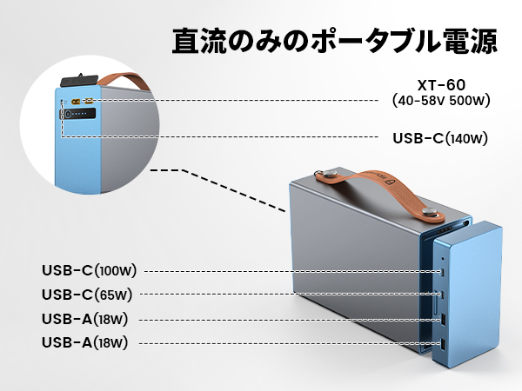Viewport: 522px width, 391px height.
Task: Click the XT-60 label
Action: pyautogui.click(x=441, y=87)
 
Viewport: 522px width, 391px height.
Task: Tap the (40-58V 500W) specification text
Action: pyautogui.click(x=441, y=102)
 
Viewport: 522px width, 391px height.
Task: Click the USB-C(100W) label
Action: pyautogui.click(x=89, y=270)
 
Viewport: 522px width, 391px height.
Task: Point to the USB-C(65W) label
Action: pyautogui.click(x=85, y=295)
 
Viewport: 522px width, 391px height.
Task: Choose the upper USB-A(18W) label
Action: pyautogui.click(x=85, y=319)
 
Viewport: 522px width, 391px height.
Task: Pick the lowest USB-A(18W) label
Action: pyautogui.click(x=85, y=343)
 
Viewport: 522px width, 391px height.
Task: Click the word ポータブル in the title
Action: pyautogui.click(x=366, y=39)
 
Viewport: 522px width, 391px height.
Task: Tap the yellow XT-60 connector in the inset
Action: pyautogui.click(x=76, y=101)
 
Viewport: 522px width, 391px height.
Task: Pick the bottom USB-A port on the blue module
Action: pyautogui.click(x=444, y=345)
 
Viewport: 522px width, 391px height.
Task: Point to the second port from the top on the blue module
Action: pyautogui.click(x=445, y=295)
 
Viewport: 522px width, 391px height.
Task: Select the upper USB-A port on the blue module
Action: pyautogui.click(x=445, y=320)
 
